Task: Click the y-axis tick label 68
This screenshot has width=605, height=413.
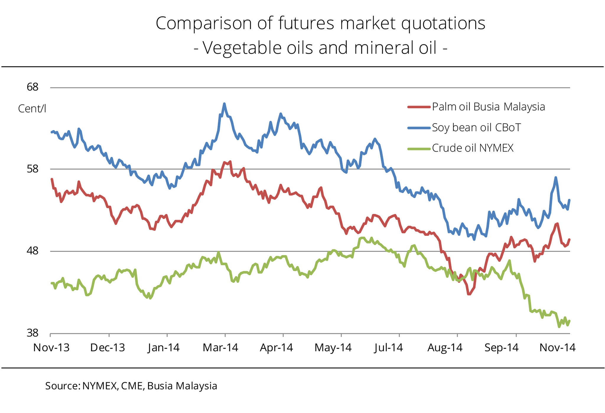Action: [x=32, y=87]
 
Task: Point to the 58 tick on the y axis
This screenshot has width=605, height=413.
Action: [x=32, y=169]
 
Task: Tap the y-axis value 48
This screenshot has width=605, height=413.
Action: [x=32, y=251]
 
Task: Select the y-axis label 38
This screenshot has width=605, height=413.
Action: [x=32, y=333]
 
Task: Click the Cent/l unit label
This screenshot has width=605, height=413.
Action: [x=32, y=109]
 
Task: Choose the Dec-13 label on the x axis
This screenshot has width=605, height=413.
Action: [x=108, y=348]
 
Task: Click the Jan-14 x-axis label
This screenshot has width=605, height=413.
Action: [x=164, y=348]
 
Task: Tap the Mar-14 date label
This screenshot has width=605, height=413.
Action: [x=220, y=348]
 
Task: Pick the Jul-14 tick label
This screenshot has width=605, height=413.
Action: [x=388, y=348]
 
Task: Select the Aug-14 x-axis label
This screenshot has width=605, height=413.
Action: [x=445, y=348]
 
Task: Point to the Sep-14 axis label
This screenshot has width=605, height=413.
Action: [x=501, y=348]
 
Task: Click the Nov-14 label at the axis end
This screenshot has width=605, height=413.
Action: [x=557, y=348]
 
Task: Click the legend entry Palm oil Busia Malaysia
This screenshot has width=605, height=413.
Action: [x=488, y=107]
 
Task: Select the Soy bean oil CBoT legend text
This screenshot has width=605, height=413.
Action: [x=476, y=127]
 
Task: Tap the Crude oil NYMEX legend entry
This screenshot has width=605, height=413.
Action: [x=473, y=148]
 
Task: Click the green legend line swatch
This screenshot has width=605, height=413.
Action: [x=419, y=149]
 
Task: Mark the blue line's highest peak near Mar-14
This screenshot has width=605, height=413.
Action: [x=225, y=104]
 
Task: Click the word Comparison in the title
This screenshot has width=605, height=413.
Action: [x=204, y=23]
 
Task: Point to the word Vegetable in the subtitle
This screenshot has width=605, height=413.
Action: [x=242, y=48]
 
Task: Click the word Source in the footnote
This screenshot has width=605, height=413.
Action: [x=62, y=386]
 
